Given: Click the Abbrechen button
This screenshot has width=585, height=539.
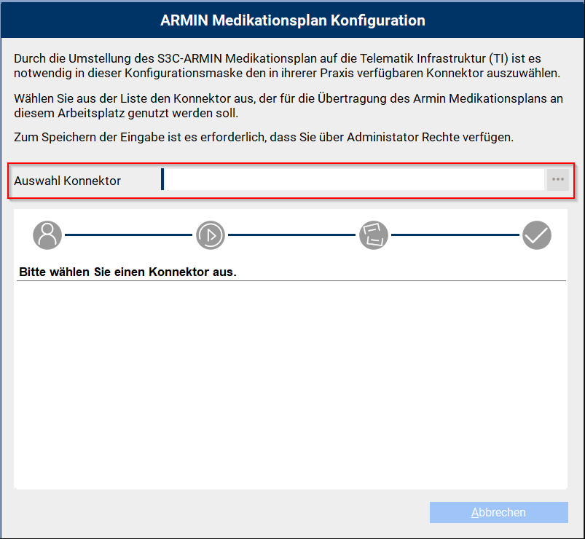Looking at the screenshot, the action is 499,512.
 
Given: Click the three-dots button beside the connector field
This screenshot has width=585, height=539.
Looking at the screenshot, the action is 558,179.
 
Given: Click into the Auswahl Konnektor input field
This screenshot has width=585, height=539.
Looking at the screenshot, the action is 353,179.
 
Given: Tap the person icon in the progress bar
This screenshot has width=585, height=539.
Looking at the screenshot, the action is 47,235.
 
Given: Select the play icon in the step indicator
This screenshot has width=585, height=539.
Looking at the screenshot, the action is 211,235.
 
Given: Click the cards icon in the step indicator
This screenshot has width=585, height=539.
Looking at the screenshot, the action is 374,235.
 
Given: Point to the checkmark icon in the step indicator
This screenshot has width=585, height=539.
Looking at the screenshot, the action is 537,235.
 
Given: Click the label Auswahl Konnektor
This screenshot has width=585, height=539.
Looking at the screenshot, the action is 68,181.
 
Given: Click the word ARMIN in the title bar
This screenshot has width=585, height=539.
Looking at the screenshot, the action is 184,20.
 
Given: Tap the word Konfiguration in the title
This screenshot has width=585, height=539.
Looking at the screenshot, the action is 378,20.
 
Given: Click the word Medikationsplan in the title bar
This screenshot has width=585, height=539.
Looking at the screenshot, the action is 270,20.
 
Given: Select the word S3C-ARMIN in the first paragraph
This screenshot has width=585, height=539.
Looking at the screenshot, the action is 189,58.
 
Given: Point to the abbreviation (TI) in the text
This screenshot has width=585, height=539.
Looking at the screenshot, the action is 498,58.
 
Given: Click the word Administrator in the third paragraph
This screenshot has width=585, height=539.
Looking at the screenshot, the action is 382,137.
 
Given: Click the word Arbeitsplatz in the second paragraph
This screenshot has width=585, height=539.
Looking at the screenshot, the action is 91,113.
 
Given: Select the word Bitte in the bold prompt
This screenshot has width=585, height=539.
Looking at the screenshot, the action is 33,272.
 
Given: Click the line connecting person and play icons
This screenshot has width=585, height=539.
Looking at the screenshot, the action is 129,235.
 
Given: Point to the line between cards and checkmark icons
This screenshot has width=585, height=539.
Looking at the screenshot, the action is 455,235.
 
